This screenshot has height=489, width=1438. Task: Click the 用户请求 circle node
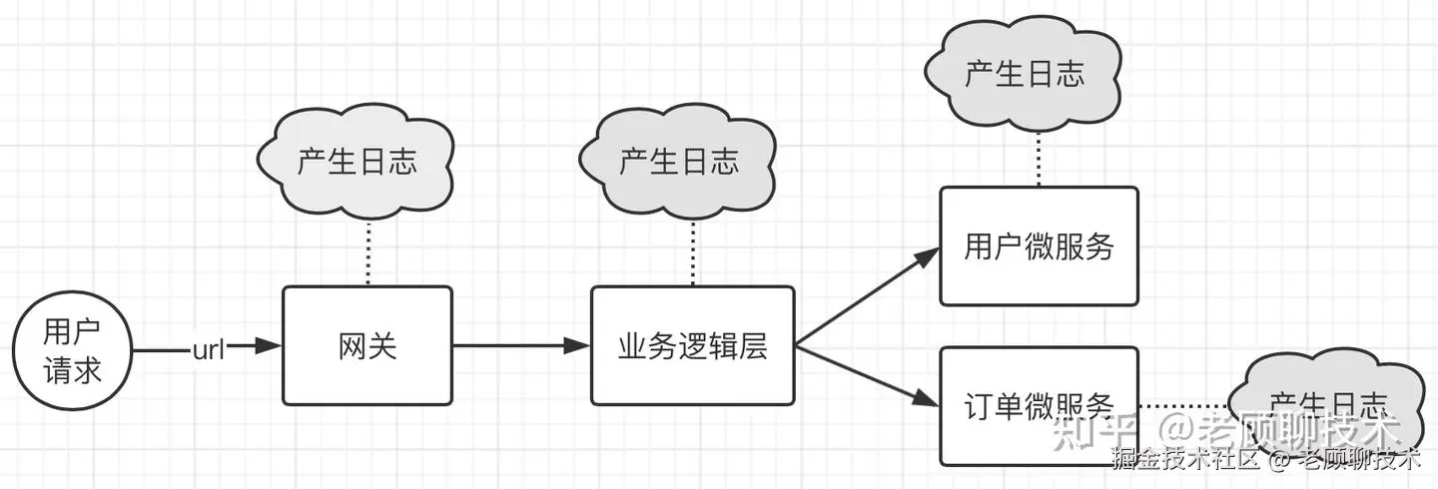click(72, 350)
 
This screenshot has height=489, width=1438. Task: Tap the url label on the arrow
click(209, 349)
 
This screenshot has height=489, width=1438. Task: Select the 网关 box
click(366, 345)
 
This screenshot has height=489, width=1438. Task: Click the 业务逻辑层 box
click(692, 345)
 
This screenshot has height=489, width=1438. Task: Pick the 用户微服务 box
click(1039, 245)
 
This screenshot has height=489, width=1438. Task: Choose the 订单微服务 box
click(1039, 405)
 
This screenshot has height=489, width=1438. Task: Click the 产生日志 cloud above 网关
click(357, 163)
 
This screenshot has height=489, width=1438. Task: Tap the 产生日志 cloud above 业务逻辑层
click(679, 162)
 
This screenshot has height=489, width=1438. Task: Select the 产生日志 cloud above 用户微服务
click(1025, 75)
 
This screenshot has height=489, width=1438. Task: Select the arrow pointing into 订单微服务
click(867, 375)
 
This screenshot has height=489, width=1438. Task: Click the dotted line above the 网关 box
click(368, 252)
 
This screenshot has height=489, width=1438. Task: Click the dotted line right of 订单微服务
click(1183, 406)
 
